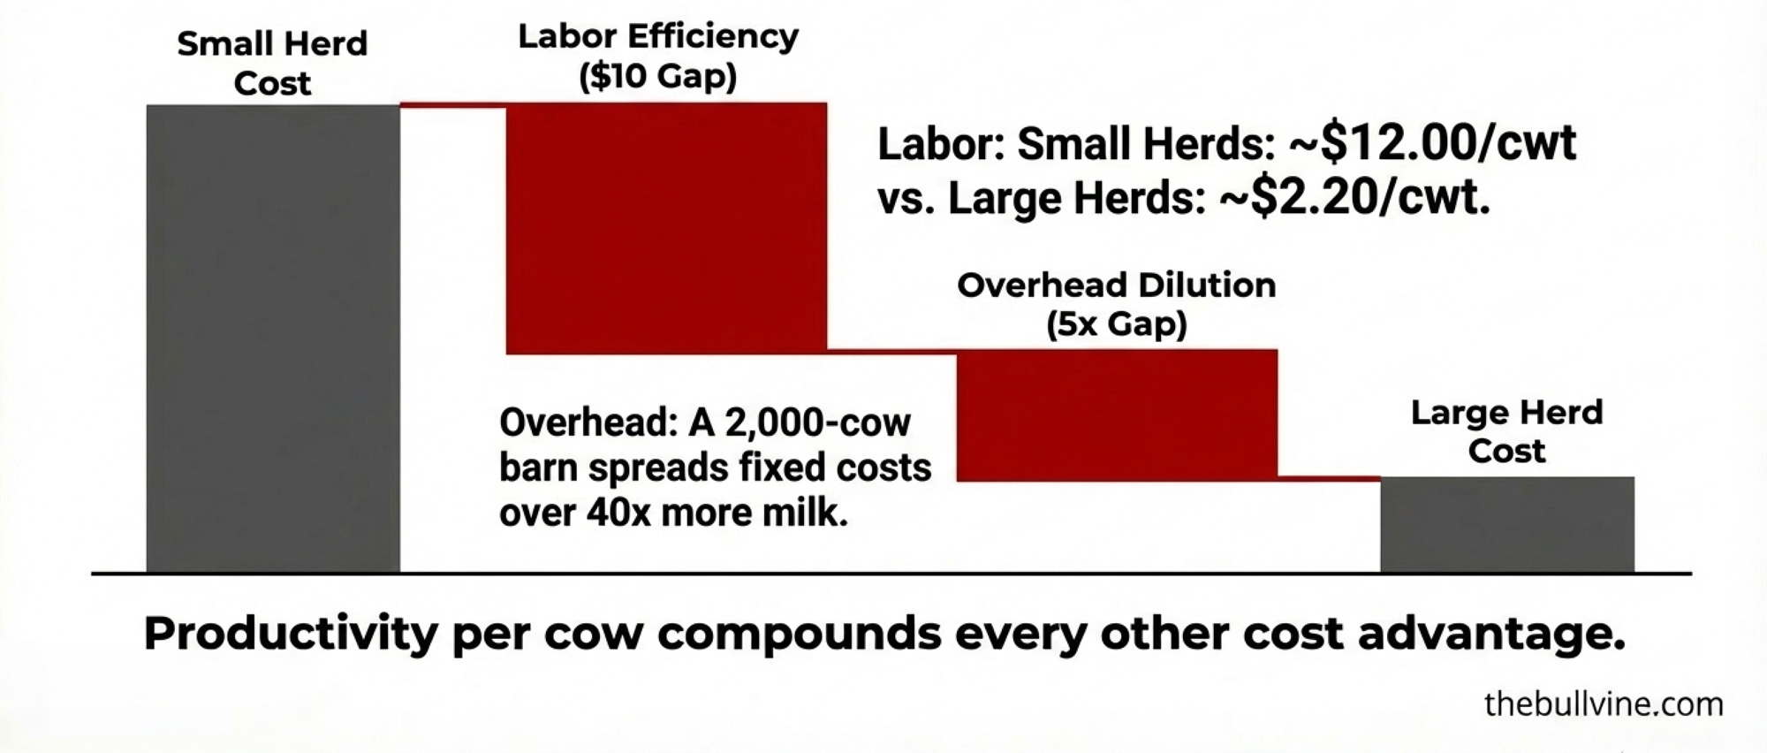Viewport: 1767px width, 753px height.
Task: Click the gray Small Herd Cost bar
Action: [273, 338]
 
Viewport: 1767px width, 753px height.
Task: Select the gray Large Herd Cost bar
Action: [1507, 525]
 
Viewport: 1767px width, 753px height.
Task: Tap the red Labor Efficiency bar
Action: [666, 229]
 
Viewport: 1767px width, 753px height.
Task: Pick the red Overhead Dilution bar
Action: [1117, 415]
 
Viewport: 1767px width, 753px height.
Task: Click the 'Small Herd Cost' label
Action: [273, 63]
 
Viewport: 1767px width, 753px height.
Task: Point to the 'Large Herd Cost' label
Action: [1506, 431]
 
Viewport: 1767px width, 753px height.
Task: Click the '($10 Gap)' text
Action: [658, 76]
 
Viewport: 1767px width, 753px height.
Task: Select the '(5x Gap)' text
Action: [1117, 324]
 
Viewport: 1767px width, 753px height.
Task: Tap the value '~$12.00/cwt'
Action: [1432, 142]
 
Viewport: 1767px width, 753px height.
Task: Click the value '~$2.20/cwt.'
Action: [1354, 196]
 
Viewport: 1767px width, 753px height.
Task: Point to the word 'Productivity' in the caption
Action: [291, 634]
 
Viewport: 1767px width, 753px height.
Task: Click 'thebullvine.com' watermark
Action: [1604, 704]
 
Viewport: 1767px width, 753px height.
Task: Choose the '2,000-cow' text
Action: [817, 422]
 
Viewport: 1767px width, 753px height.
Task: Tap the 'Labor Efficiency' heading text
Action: [658, 36]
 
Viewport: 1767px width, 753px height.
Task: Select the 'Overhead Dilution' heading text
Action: [1117, 285]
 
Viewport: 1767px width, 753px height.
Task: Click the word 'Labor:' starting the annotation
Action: [941, 143]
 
